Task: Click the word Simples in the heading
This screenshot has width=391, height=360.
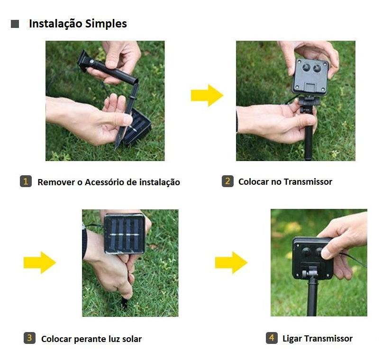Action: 106,24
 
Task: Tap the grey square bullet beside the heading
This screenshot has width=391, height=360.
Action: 15,24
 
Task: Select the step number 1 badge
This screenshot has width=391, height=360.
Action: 26,181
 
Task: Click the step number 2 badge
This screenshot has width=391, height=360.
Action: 227,181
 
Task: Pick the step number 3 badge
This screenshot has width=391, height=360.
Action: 29,338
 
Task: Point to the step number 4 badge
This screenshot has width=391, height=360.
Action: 272,338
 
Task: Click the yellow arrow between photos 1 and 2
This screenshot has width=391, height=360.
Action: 207,96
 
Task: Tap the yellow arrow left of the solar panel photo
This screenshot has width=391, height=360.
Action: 40,263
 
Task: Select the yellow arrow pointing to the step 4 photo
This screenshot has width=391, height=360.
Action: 231,263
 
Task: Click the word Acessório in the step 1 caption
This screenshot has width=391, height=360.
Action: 104,182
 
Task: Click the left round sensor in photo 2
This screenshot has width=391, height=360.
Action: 306,67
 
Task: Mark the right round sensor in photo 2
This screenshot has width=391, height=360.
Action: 317,68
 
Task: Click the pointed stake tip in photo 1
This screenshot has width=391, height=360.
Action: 116,148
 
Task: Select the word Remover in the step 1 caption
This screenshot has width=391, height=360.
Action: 56,182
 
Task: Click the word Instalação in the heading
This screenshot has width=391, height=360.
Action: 55,24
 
